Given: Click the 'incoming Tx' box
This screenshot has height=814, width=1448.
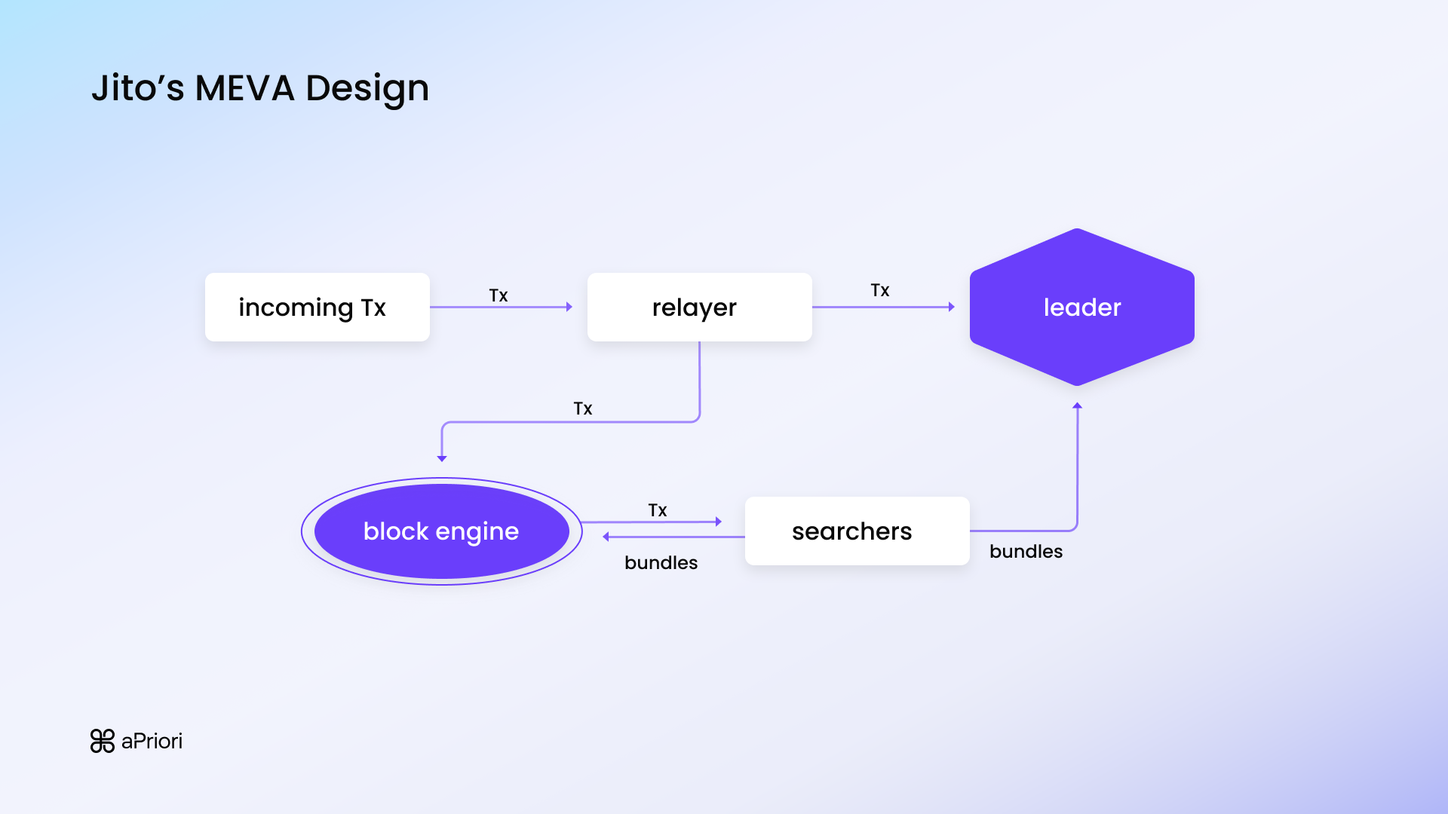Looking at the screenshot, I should point(317,307).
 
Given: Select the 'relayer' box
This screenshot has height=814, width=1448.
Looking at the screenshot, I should point(699,307).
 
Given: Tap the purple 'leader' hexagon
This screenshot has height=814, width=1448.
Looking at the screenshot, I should point(1081,307).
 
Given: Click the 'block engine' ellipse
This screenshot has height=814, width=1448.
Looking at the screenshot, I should point(441,531).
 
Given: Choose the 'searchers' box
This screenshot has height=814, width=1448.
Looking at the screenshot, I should point(857,531).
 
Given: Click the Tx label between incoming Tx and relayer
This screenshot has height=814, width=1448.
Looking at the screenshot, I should point(499,295).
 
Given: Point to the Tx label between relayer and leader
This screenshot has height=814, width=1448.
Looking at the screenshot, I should point(880,290).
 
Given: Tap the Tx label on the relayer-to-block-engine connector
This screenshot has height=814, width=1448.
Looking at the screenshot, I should point(583,409).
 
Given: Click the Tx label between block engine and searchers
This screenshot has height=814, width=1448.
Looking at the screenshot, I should point(658,510).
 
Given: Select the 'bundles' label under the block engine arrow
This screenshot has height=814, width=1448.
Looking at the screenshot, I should point(661,563).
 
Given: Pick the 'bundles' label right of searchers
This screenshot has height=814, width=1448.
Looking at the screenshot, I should point(1026,552).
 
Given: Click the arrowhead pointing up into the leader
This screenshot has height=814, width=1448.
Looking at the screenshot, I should point(1077,406).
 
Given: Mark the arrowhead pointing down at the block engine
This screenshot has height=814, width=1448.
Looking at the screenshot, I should point(442,457).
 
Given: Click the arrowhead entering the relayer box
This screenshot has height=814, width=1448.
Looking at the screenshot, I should point(569,307).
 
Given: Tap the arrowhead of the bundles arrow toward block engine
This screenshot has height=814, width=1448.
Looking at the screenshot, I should point(606,537).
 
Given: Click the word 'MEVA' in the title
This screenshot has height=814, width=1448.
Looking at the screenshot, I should point(244,88).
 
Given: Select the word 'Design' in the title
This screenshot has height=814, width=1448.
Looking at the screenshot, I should point(367,90).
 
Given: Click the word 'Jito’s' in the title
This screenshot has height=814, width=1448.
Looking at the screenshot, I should point(137,88).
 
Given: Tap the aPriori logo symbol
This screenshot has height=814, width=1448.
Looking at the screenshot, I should point(103,741).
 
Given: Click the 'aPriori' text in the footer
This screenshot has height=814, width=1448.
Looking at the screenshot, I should point(152,741).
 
